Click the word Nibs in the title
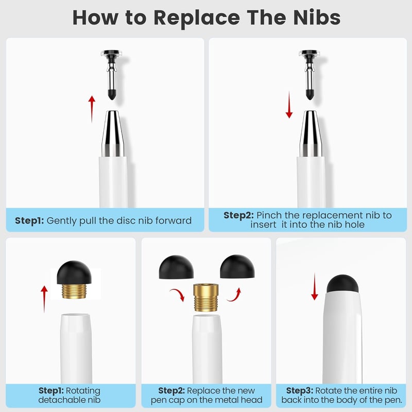[x=317, y=18]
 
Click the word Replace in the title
[x=197, y=19]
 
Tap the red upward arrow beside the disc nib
[x=92, y=109]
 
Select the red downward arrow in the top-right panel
[x=289, y=105]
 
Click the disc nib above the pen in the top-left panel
[x=111, y=75]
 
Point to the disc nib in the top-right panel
[x=310, y=75]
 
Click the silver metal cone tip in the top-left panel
[x=113, y=134]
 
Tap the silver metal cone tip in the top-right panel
[x=311, y=134]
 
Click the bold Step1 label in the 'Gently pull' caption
[x=29, y=221]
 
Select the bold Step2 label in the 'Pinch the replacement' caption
[x=238, y=215]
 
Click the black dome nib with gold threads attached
[x=74, y=280]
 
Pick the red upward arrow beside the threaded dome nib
[x=44, y=299]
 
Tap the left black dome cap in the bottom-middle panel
[x=176, y=267]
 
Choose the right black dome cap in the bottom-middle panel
[x=237, y=266]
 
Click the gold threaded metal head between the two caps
[x=205, y=298]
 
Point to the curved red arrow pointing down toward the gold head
[x=178, y=294]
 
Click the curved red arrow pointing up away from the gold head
[x=234, y=295]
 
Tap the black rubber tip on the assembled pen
[x=342, y=284]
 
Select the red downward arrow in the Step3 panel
[x=315, y=287]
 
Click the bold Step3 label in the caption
[x=300, y=391]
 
